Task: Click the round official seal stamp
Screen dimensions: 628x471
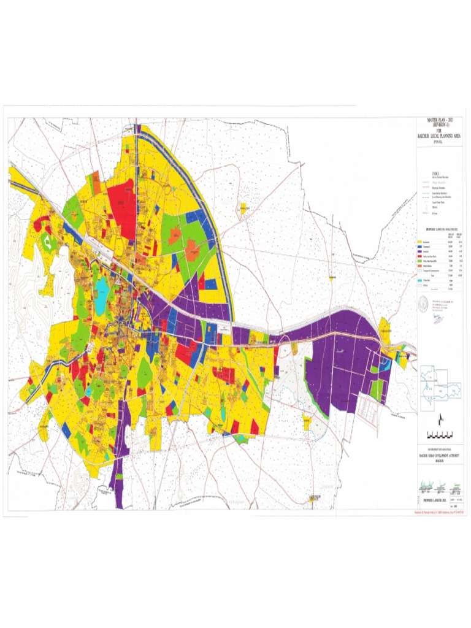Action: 423,303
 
